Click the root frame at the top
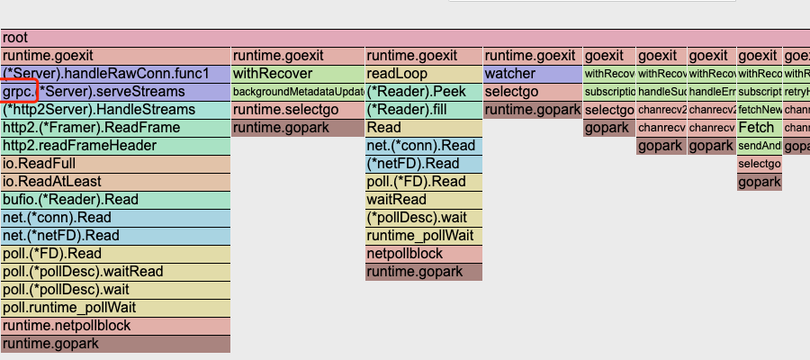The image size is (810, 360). click(x=405, y=38)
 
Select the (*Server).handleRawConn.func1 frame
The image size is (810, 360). click(x=116, y=74)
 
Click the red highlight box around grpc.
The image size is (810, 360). click(x=19, y=92)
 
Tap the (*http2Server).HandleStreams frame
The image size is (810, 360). click(x=116, y=110)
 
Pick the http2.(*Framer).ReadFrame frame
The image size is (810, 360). click(x=116, y=128)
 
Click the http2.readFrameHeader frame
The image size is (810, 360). click(x=116, y=146)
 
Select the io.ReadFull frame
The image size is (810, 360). click(x=116, y=164)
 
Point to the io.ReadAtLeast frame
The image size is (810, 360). click(x=116, y=182)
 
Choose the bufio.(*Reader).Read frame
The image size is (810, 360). click(x=116, y=200)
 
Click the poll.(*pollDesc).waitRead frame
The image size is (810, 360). click(x=116, y=272)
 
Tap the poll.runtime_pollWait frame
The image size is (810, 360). click(x=116, y=308)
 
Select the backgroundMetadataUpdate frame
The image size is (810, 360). click(x=298, y=92)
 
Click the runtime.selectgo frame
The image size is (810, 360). click(x=298, y=110)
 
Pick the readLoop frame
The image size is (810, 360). click(x=424, y=74)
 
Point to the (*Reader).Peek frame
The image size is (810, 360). click(x=424, y=92)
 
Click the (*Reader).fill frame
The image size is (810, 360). click(x=424, y=110)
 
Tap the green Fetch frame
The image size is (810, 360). click(x=759, y=128)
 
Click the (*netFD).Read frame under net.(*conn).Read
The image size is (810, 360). click(x=424, y=164)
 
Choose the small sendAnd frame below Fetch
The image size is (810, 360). click(x=759, y=146)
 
